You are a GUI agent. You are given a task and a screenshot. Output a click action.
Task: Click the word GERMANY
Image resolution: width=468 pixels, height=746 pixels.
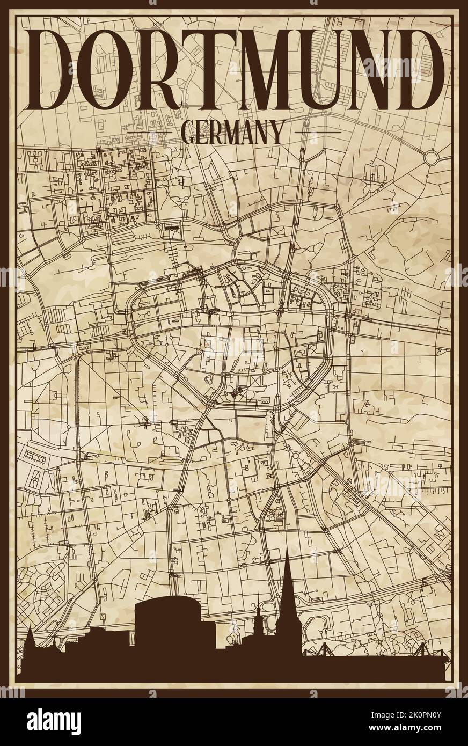(233, 132)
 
